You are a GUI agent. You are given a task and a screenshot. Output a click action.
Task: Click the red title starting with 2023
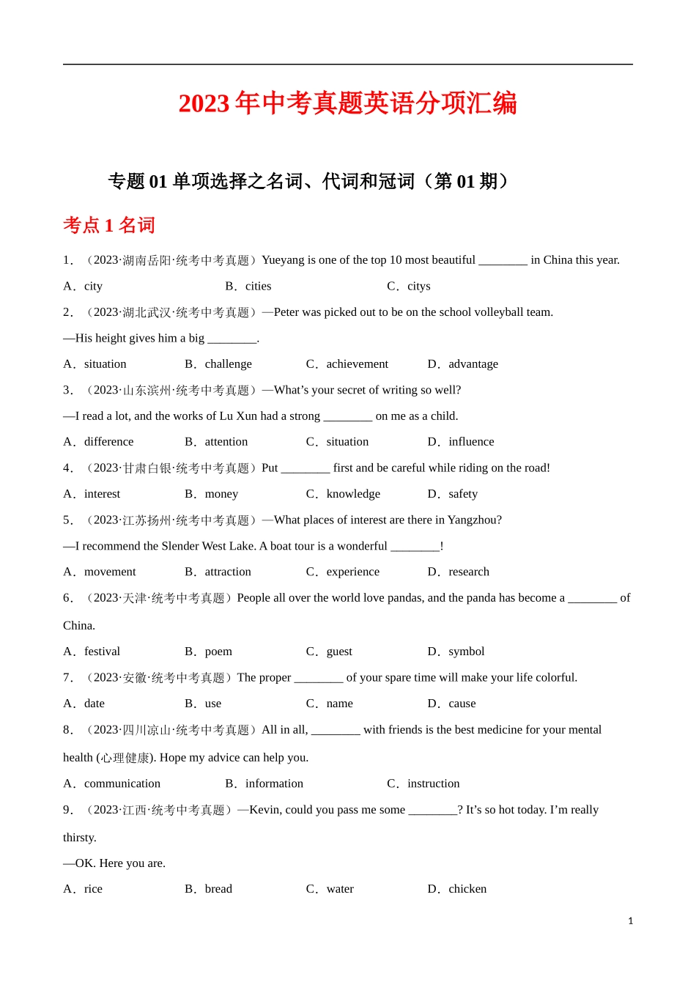click(x=347, y=103)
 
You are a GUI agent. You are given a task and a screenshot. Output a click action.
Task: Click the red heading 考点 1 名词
click(x=109, y=225)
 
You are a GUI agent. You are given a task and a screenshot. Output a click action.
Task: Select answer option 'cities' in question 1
click(x=258, y=286)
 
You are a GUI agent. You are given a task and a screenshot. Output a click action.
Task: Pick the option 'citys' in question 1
click(x=418, y=286)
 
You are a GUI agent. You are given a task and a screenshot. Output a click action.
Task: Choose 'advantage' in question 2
click(x=473, y=364)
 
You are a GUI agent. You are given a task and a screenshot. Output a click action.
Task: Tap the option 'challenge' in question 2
click(x=228, y=364)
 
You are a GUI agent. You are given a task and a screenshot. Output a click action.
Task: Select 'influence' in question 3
click(x=471, y=441)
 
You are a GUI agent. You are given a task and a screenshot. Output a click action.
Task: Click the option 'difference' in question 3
click(x=108, y=441)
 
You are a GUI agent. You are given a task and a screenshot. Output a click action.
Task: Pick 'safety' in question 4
click(x=462, y=494)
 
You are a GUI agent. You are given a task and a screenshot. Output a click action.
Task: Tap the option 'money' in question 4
click(x=221, y=494)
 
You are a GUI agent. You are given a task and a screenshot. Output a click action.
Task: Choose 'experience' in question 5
click(x=352, y=572)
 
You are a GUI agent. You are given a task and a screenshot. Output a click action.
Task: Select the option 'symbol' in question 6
click(x=466, y=651)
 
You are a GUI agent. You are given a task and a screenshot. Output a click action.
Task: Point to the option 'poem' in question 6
click(x=218, y=651)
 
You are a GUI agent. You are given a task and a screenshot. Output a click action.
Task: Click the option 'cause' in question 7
click(x=462, y=703)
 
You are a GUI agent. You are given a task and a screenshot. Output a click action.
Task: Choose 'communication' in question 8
click(x=122, y=783)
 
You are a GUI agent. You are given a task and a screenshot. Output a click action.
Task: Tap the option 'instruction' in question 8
click(x=433, y=783)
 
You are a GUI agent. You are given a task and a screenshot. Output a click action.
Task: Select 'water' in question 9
click(x=340, y=888)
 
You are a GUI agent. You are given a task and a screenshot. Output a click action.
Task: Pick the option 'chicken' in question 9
click(x=467, y=888)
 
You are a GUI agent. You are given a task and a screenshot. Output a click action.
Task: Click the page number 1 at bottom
click(x=630, y=921)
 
